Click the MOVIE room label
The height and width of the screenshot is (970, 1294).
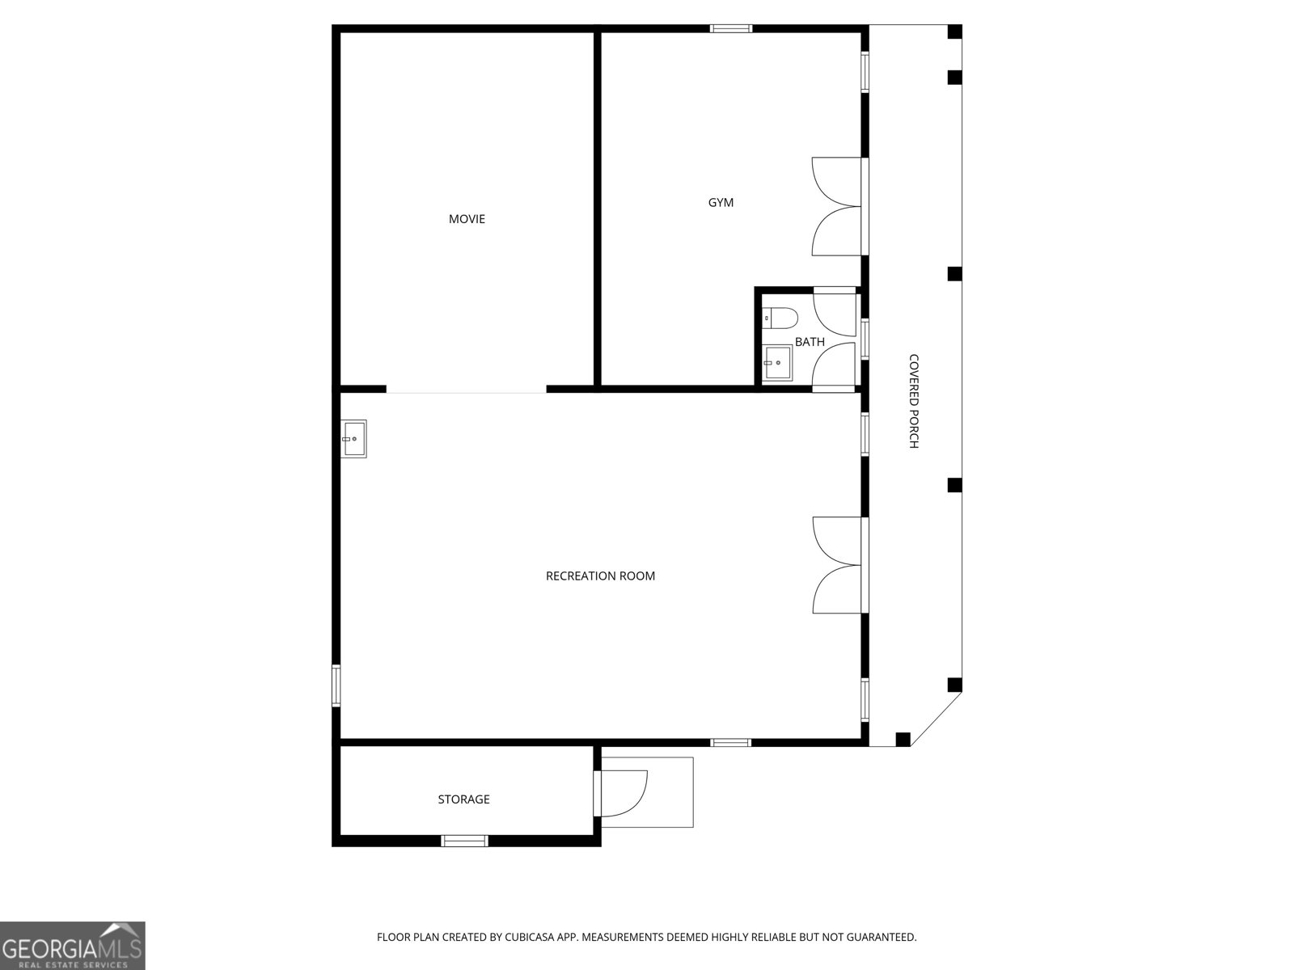pyautogui.click(x=467, y=219)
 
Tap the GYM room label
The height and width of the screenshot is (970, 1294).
pyautogui.click(x=721, y=203)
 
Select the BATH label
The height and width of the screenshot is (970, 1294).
pyautogui.click(x=810, y=342)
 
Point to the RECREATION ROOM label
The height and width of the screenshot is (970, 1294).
pyautogui.click(x=600, y=576)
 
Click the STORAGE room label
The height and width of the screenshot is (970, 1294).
pyautogui.click(x=463, y=799)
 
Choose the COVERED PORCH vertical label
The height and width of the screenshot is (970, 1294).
pyautogui.click(x=914, y=401)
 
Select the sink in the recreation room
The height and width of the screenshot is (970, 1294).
pyautogui.click(x=353, y=438)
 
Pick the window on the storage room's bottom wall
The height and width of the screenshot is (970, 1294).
pyautogui.click(x=465, y=841)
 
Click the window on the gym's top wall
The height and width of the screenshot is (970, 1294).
pyautogui.click(x=731, y=29)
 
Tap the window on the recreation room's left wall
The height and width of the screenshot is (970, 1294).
pyautogui.click(x=336, y=685)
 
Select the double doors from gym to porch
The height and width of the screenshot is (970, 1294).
pyautogui.click(x=838, y=206)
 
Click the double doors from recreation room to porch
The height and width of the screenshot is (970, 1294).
pyautogui.click(x=838, y=565)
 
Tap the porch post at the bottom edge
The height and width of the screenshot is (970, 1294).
pyautogui.click(x=903, y=739)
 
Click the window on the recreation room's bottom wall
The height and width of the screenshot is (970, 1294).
pyautogui.click(x=731, y=742)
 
